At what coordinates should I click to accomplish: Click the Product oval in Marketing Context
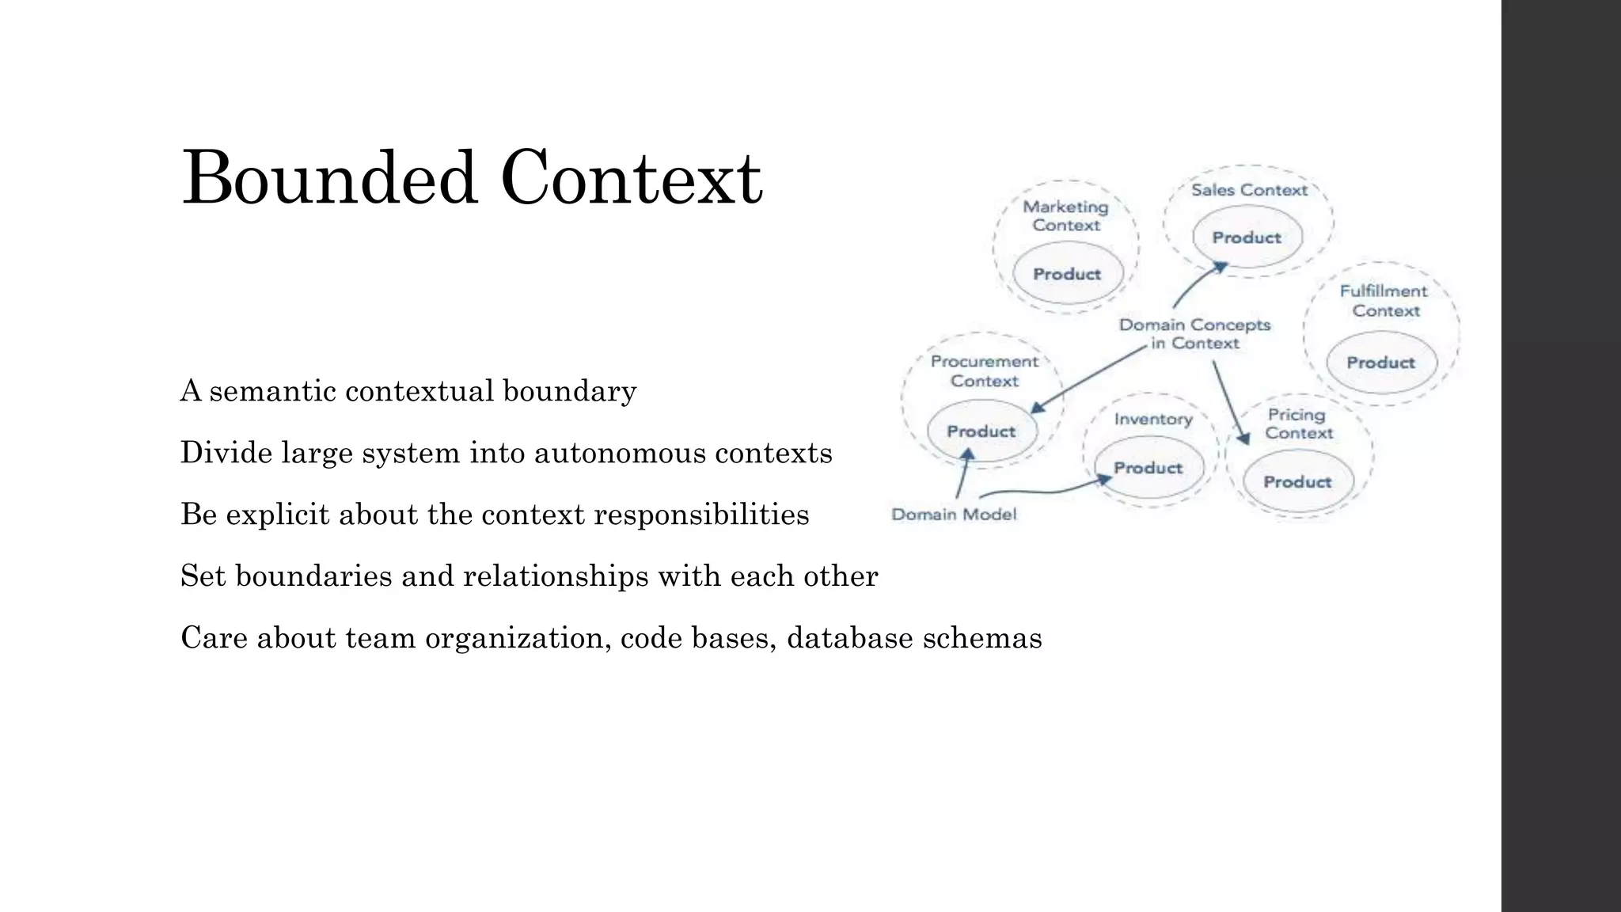click(x=1067, y=274)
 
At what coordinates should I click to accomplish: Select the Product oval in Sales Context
click(x=1247, y=237)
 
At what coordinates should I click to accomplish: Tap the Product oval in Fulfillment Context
click(x=1380, y=363)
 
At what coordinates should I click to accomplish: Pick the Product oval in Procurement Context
click(x=981, y=431)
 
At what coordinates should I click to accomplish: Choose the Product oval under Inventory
click(x=1148, y=468)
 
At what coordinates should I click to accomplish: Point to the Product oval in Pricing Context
click(x=1297, y=481)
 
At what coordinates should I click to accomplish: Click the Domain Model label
click(x=954, y=515)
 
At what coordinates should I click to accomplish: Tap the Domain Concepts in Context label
click(x=1194, y=334)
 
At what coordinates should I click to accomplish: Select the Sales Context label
click(x=1249, y=190)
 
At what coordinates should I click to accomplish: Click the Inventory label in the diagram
click(x=1153, y=419)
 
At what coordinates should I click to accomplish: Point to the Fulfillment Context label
click(x=1384, y=301)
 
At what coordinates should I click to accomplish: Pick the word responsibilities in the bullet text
click(x=701, y=515)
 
